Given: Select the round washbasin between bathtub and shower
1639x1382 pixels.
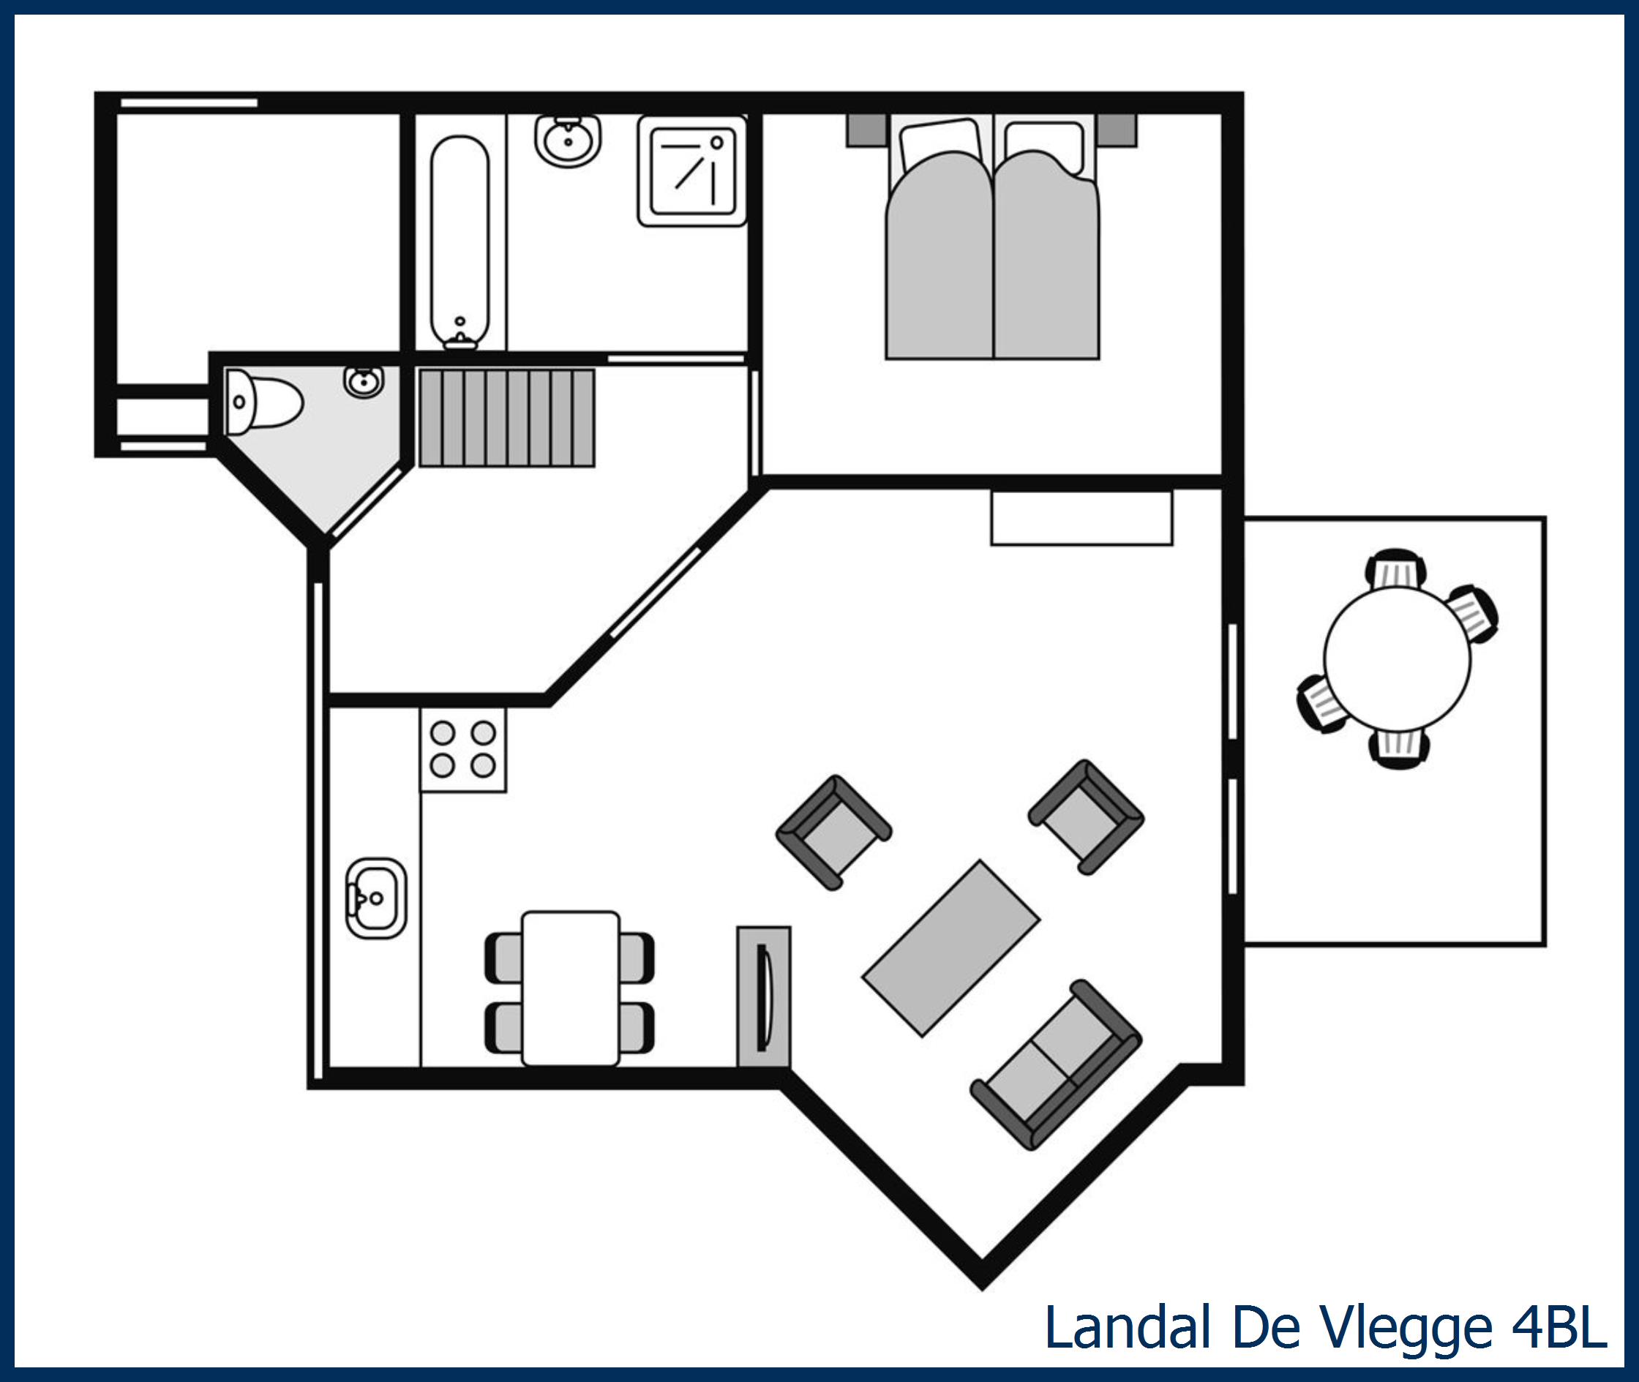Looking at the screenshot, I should click(568, 141).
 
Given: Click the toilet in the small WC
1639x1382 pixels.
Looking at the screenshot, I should click(263, 402).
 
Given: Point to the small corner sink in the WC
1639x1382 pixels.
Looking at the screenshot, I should click(364, 382).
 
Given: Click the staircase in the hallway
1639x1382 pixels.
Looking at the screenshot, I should click(507, 418).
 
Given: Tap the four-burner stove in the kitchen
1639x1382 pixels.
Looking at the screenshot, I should click(463, 749).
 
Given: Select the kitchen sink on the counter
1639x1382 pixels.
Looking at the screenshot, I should click(376, 898).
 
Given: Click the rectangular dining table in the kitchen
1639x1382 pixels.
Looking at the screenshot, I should click(571, 988).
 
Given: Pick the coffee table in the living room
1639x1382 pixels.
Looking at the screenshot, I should click(951, 948).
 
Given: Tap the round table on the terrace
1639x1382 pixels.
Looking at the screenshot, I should click(1397, 659).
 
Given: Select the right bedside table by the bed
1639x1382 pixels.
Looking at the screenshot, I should click(1117, 130).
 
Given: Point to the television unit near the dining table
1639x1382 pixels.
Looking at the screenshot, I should click(764, 996).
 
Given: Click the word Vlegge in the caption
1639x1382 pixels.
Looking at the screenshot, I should click(1406, 1327).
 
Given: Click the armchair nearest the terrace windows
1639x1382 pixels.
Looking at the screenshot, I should click(1086, 816).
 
